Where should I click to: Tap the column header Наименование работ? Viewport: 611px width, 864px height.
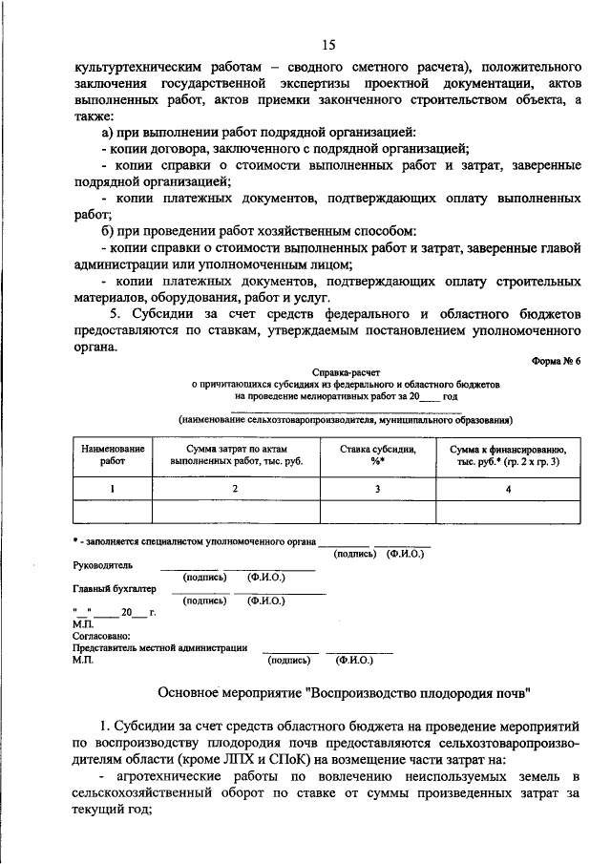113,453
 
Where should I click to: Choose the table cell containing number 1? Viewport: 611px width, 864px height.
113,488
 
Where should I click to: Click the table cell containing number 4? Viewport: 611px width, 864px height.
507,488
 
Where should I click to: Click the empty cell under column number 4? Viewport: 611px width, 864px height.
507,512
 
